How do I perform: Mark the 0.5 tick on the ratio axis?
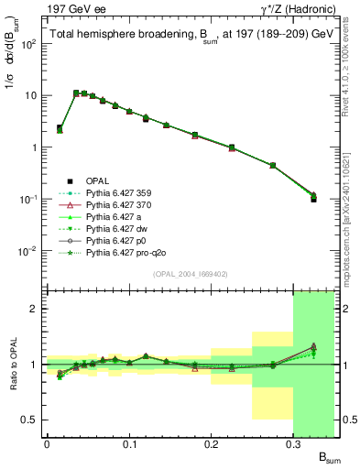point(31,420)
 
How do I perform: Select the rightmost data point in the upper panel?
point(313,197)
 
